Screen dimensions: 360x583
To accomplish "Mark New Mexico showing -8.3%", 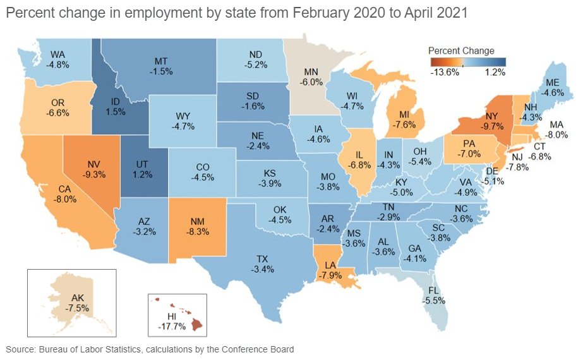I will (x=203, y=226).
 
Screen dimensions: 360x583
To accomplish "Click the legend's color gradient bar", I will (x=469, y=61).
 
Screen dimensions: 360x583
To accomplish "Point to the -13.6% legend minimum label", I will (x=445, y=73).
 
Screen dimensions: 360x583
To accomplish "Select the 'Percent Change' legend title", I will (x=461, y=51).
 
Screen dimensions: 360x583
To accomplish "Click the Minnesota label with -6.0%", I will (x=311, y=77).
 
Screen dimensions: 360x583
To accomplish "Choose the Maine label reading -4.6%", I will (x=552, y=87).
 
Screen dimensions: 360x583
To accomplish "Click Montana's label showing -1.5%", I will (x=160, y=66).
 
